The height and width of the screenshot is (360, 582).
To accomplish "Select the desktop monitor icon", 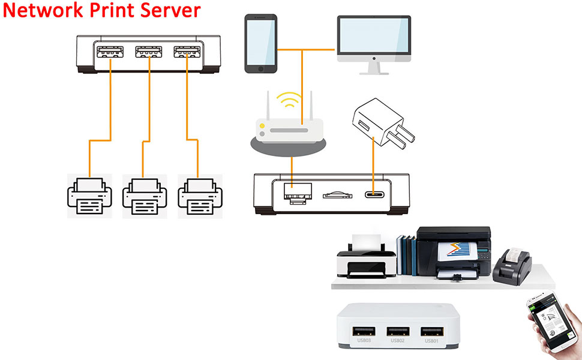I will pos(373,42).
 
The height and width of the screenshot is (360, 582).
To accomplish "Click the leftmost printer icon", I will pos(89,196).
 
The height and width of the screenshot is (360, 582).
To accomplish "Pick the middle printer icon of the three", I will pos(144,196).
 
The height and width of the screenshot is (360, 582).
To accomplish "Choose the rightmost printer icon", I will pos(200,196).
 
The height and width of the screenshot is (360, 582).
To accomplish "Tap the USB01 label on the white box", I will pos(432,341).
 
